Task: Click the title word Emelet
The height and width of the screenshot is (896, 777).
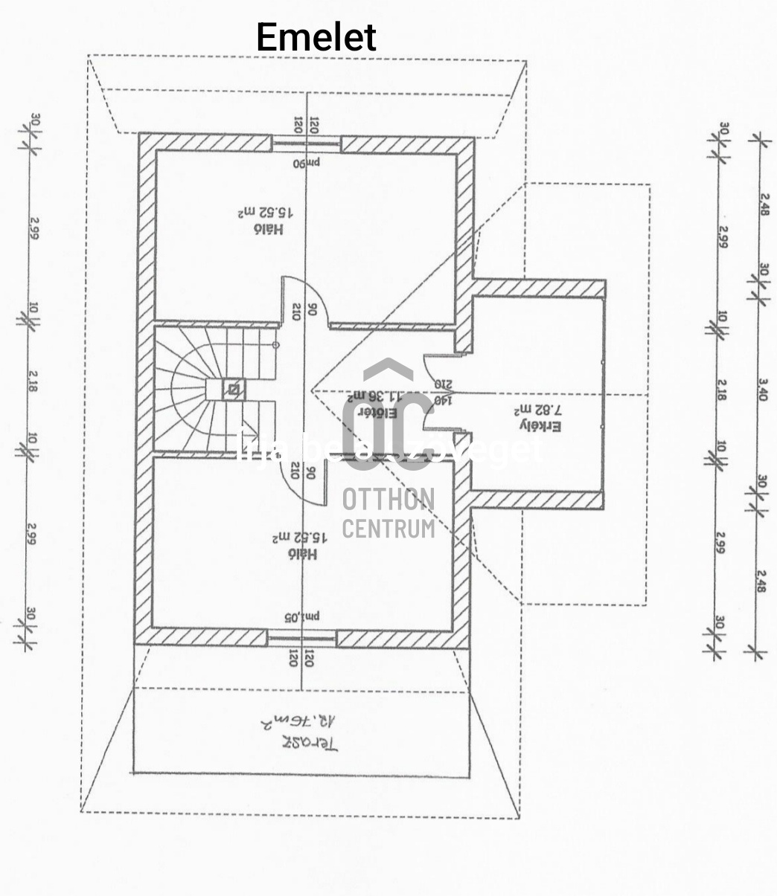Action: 316,37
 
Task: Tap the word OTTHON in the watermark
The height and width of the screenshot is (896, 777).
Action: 388,499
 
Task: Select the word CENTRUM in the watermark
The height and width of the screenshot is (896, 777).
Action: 388,528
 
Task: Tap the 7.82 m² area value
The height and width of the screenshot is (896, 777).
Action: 538,409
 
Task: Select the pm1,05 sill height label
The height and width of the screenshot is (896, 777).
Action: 301,616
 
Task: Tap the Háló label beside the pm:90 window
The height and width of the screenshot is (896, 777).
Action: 269,230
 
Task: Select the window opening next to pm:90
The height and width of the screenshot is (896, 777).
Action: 305,144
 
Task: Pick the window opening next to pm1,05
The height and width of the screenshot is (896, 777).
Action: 301,636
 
